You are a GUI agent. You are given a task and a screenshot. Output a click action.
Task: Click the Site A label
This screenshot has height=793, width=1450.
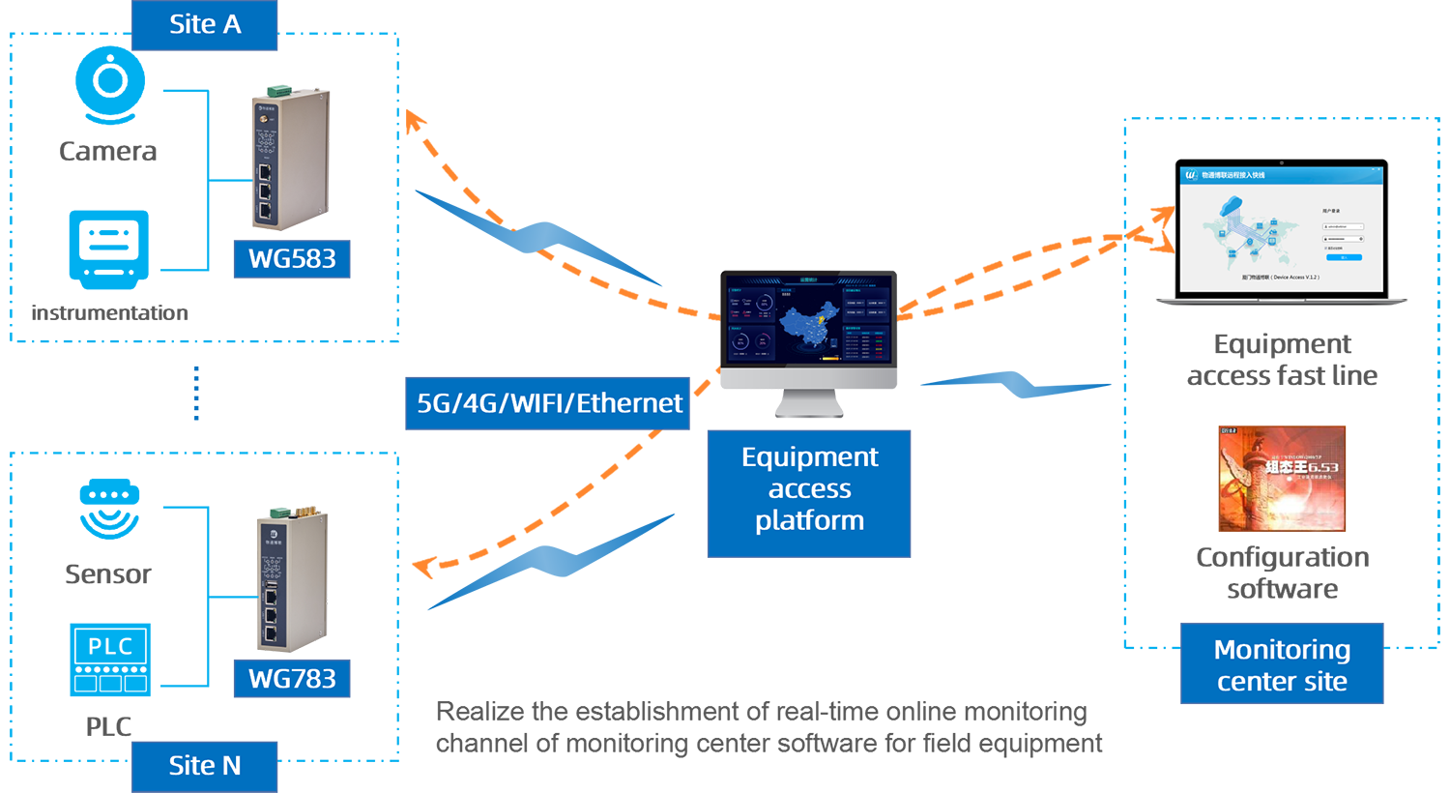click(x=205, y=24)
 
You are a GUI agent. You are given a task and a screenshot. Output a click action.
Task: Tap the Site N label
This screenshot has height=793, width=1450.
click(x=205, y=766)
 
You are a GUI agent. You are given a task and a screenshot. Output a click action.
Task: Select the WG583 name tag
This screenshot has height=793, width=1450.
click(x=292, y=259)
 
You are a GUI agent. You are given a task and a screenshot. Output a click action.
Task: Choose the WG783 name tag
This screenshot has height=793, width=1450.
click(x=292, y=679)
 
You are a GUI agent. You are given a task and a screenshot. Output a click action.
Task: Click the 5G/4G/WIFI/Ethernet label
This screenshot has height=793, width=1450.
click(x=549, y=403)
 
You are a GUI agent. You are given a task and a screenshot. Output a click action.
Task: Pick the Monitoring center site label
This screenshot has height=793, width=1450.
click(x=1282, y=665)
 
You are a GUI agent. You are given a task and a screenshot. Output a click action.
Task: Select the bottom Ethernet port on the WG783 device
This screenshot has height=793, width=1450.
click(x=271, y=633)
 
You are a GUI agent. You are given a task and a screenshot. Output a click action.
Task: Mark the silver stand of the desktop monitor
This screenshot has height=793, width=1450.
click(x=809, y=404)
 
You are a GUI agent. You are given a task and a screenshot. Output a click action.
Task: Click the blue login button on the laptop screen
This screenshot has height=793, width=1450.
click(x=1344, y=257)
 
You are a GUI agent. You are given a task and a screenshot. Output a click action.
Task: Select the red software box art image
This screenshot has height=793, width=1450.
click(x=1282, y=480)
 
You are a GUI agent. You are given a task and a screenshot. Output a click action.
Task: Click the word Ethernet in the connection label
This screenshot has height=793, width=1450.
click(x=629, y=403)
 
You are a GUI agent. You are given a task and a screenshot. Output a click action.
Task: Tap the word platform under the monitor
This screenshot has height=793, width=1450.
click(x=809, y=521)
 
